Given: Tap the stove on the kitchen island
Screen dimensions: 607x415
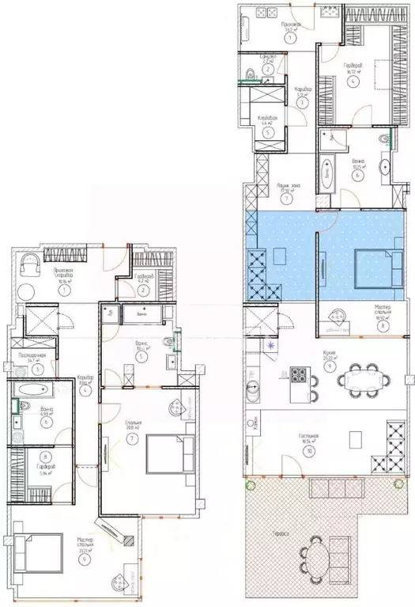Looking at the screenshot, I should (x=300, y=375).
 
